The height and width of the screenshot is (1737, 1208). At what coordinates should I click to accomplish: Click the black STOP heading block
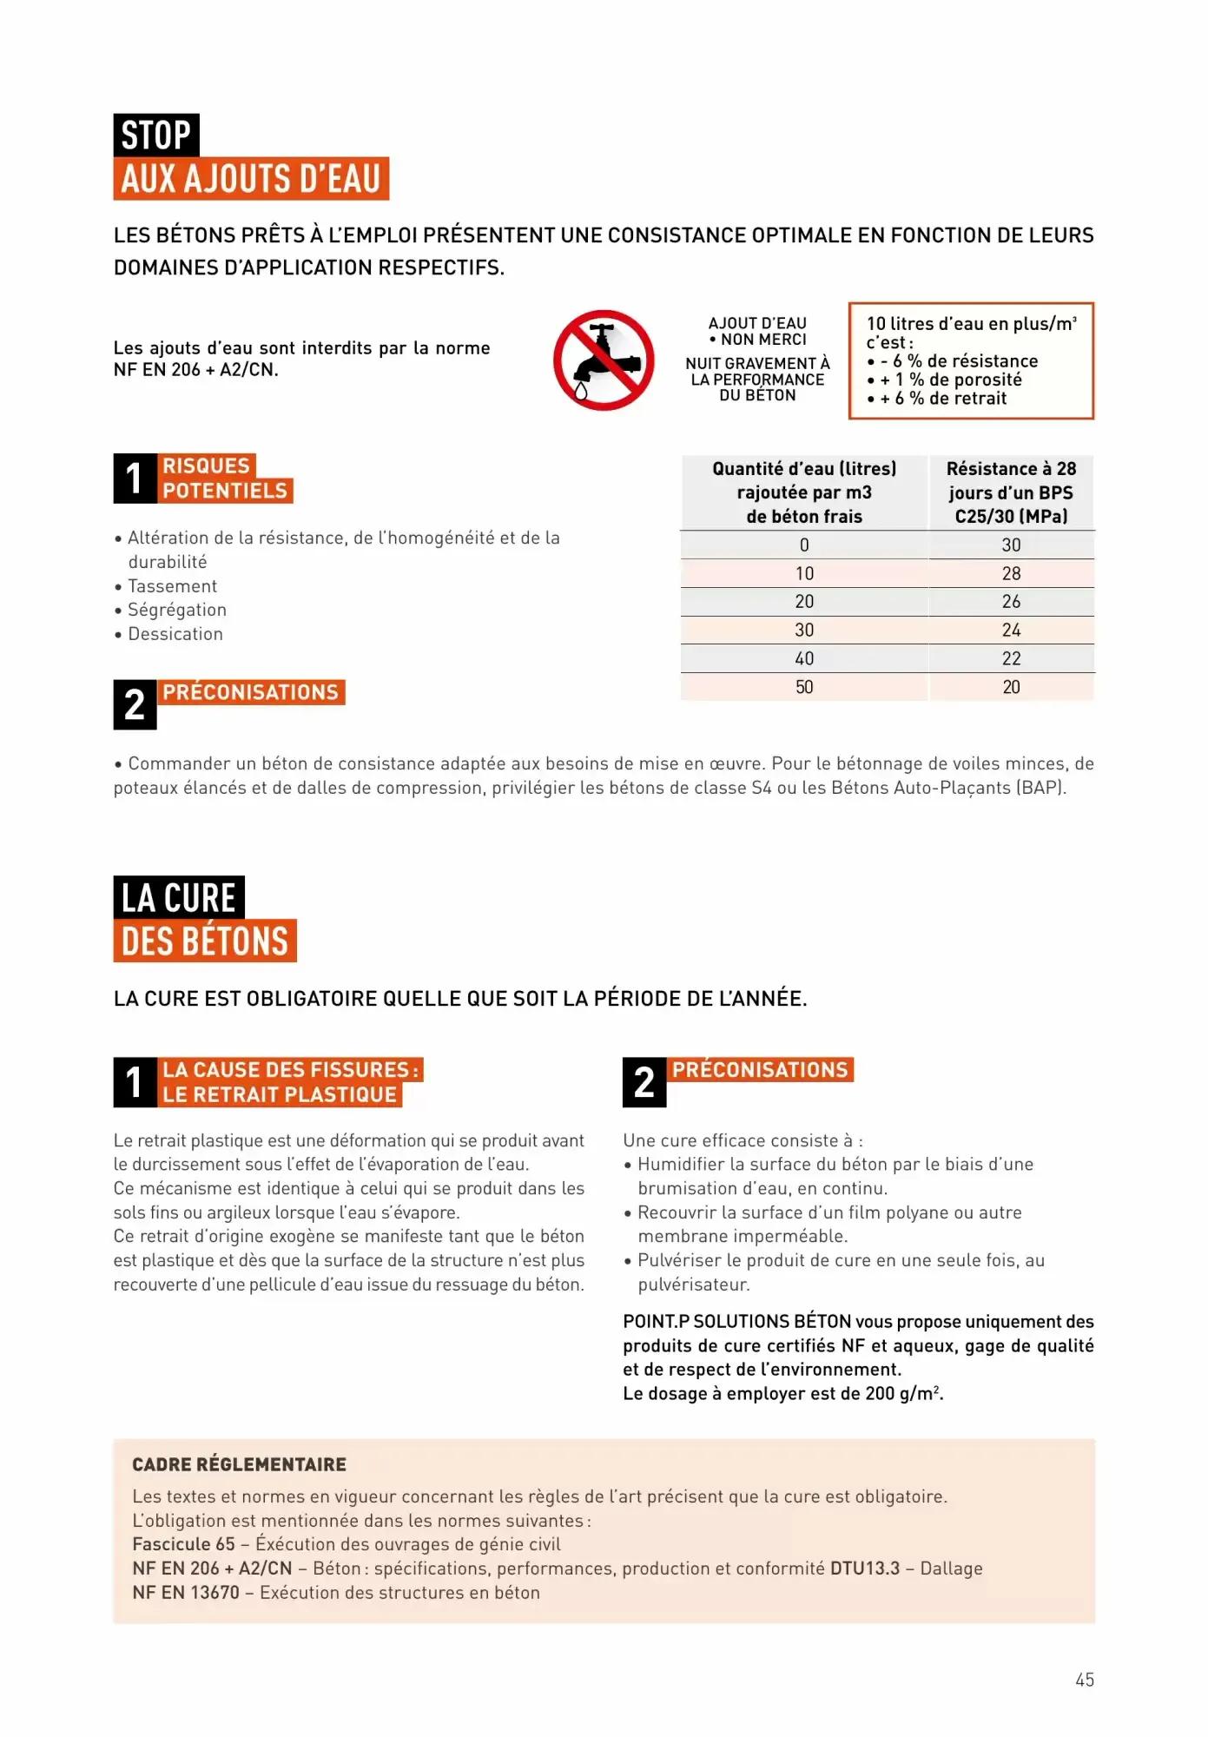point(156,135)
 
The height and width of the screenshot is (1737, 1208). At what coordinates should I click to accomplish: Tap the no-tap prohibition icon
point(604,360)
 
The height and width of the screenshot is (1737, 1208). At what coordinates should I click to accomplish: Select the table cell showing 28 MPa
point(1011,573)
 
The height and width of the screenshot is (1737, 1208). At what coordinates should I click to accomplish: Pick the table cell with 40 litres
point(804,658)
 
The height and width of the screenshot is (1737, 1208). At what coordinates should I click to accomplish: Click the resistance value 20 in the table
point(1011,687)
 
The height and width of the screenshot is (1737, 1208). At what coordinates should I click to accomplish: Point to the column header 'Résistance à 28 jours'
point(1011,492)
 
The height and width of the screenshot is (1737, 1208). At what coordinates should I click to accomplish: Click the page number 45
point(1085,1680)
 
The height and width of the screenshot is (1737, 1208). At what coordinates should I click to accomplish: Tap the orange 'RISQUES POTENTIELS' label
point(225,479)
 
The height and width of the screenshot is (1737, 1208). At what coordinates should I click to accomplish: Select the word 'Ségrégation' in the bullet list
point(177,610)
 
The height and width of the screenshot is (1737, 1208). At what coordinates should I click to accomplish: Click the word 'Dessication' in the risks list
point(175,634)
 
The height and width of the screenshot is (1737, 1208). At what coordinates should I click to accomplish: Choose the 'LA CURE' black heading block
point(179,897)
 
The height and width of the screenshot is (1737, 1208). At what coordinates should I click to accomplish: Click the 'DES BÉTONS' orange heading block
point(205,941)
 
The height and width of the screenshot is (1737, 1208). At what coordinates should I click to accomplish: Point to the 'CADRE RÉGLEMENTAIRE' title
point(239,1464)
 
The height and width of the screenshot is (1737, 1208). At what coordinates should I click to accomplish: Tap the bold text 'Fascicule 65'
point(183,1544)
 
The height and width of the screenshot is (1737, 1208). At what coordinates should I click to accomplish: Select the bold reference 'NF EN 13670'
point(186,1593)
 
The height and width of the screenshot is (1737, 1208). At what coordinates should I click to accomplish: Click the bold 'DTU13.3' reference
point(865,1569)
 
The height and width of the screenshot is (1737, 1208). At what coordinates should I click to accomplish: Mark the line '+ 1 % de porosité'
point(950,380)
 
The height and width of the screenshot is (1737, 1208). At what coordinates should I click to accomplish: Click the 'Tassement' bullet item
point(172,586)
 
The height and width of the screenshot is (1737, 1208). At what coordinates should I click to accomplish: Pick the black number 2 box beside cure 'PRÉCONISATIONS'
point(644,1082)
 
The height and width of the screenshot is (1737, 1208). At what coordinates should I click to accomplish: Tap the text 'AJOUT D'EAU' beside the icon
point(757,323)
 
